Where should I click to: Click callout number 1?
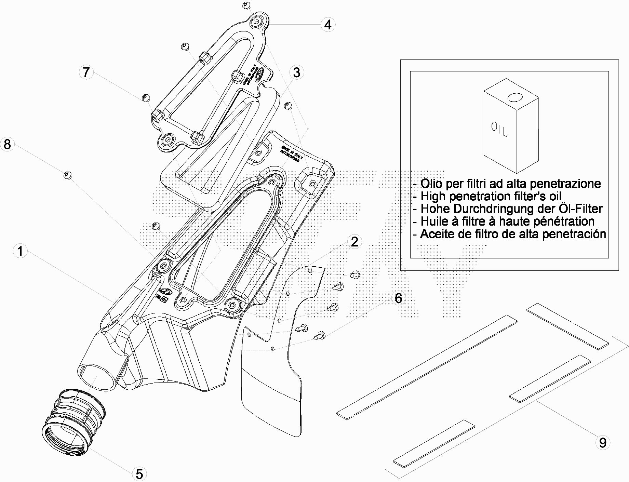coord(20,251)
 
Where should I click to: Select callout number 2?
coord(354,242)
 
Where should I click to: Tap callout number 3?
coord(296,72)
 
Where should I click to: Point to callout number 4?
coord(328,25)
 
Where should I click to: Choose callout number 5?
coord(139,474)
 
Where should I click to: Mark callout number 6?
coord(399,298)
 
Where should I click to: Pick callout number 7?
coord(86,72)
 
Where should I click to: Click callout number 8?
coord(7,144)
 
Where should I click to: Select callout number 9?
coord(603,443)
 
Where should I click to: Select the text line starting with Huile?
coord(504,222)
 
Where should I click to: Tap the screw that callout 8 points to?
coord(67,175)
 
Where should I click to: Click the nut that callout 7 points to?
coord(145,97)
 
